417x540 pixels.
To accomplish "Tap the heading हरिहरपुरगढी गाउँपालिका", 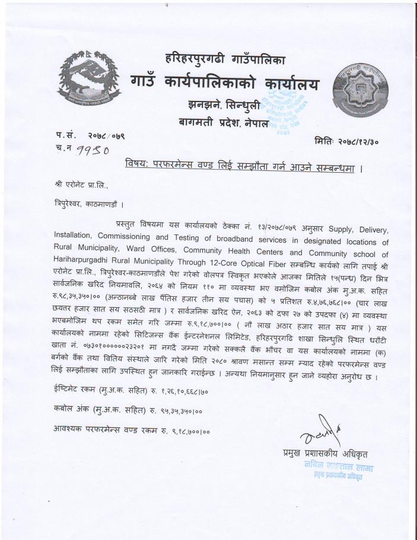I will click(225, 59).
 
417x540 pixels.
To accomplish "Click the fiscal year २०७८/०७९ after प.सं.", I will click(106, 136).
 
